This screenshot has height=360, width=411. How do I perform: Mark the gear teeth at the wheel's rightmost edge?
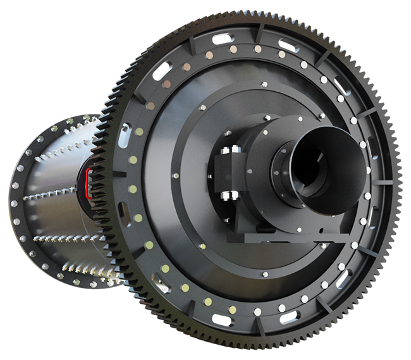click(x=397, y=183)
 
